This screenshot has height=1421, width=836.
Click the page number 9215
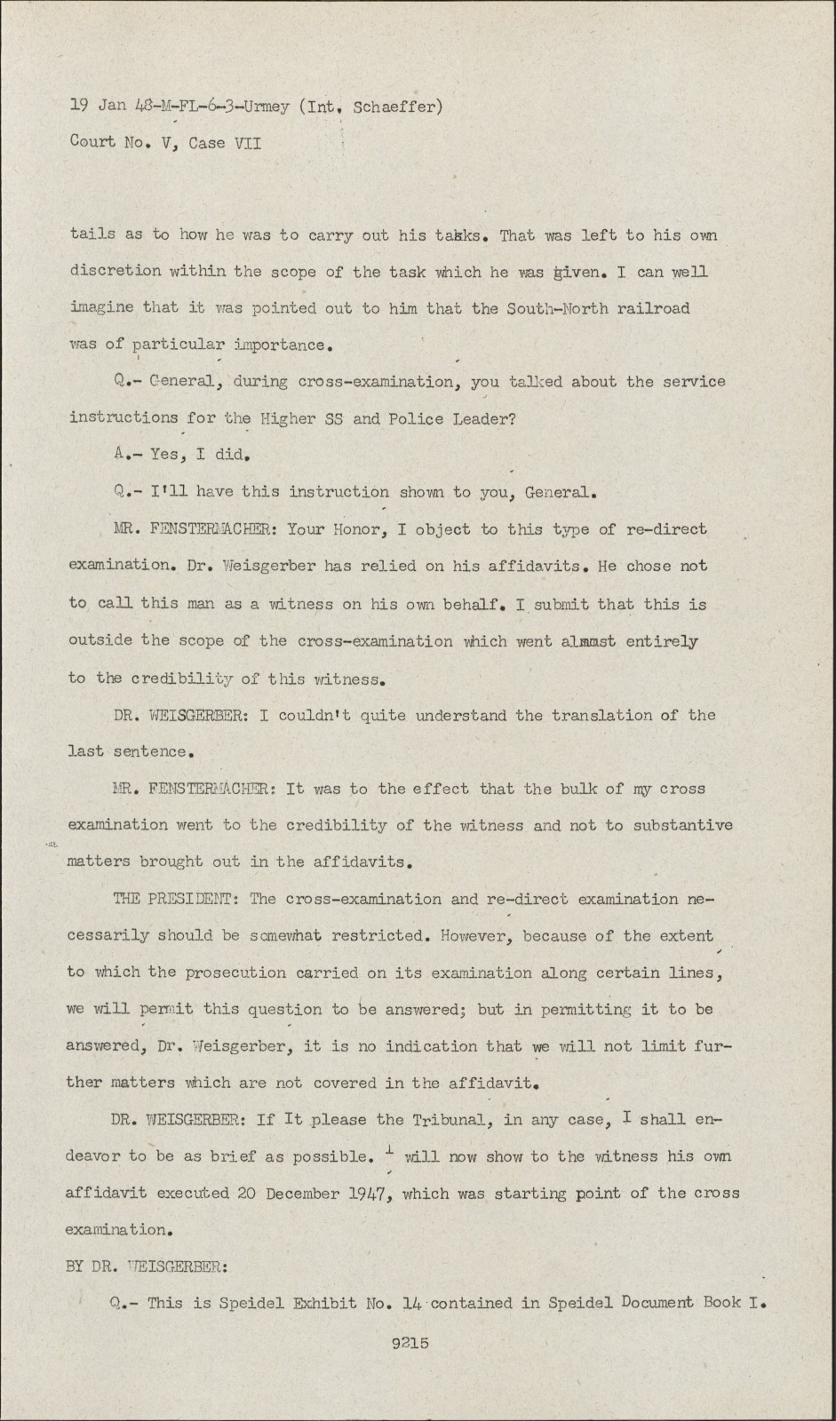click(410, 1343)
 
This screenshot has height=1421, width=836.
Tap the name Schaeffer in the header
click(393, 107)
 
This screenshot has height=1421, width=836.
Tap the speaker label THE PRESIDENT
click(173, 900)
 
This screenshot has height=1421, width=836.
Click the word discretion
click(115, 272)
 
